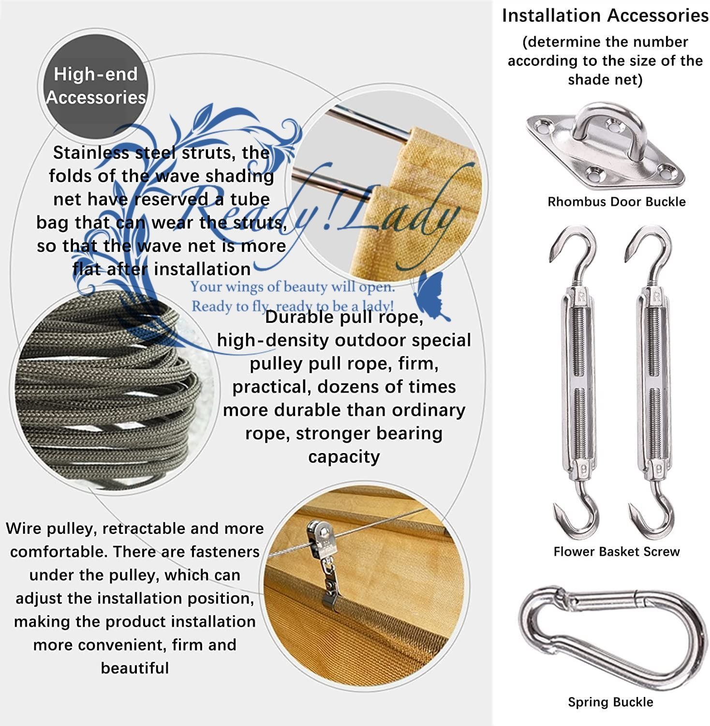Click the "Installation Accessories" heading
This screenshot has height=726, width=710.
click(x=605, y=15)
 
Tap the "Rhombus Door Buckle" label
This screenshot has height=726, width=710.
click(x=616, y=202)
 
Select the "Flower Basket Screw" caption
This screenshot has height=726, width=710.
click(x=616, y=551)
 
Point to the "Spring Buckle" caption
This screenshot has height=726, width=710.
click(x=610, y=702)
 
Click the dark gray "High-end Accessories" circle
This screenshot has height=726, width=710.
click(x=96, y=86)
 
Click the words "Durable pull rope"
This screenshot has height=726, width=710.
click(x=344, y=317)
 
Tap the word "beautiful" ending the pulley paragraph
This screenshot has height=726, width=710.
click(x=135, y=668)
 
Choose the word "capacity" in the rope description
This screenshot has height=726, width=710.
click(x=344, y=456)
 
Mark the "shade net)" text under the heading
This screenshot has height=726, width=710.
click(x=605, y=79)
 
